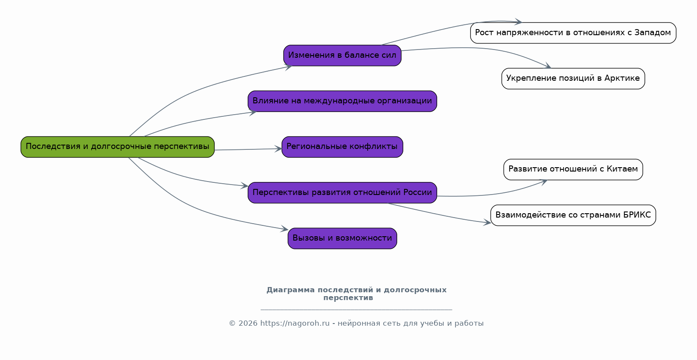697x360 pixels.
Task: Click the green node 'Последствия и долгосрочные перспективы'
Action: tap(117, 147)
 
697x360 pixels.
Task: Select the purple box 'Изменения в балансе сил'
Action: tap(342, 56)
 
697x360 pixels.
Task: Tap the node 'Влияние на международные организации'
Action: tap(342, 101)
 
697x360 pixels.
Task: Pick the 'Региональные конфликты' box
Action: tap(342, 147)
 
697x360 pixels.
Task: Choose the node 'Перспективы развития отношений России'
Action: tap(342, 192)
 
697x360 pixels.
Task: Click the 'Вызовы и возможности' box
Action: tap(342, 238)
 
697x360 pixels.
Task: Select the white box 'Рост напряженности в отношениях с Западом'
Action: tap(573, 33)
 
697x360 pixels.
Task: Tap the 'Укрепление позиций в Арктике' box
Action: tap(573, 79)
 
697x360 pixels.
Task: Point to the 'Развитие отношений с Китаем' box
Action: tap(573, 169)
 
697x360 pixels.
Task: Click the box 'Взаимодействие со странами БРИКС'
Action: tap(573, 215)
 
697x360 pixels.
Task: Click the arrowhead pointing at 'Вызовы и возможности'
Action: tap(285, 229)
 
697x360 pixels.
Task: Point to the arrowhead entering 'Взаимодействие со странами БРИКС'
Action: tap(488, 223)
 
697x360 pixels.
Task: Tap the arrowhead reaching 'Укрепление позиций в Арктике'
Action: tap(548, 66)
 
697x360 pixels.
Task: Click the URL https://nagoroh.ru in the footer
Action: tap(295, 324)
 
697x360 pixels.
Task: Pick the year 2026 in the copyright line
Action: tap(248, 324)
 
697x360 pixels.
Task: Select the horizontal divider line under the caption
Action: tap(356, 310)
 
